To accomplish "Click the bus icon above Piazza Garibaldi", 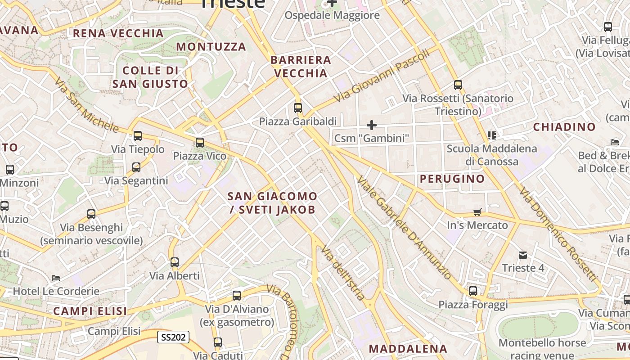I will pos(297,108).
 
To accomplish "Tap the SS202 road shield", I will pos(173,337).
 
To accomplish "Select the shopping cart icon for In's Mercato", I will pos(477,212).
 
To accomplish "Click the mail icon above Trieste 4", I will pos(522,255).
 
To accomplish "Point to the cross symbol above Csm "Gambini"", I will pos(372,125).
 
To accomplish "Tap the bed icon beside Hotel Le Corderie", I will pos(56,278).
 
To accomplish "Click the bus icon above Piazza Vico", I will pos(199,143).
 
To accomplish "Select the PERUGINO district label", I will pos(452,179).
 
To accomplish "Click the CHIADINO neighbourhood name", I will pos(564,127).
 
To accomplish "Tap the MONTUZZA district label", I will pos(211,47).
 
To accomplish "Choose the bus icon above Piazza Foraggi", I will pos(472,291).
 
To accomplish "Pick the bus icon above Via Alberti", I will pos(174,262).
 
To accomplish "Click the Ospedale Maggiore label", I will pos(332,16).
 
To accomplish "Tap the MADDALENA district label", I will pos(408,349).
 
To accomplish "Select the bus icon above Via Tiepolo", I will pos(138,135).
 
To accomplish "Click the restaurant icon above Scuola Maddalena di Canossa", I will pos(492,135).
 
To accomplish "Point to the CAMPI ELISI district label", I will pos(90,311).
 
